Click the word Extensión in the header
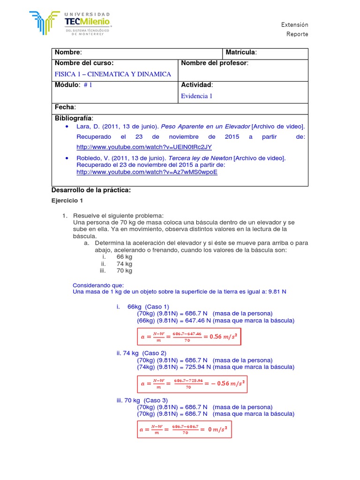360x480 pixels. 295,25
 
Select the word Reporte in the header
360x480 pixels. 297,34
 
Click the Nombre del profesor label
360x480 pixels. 214,63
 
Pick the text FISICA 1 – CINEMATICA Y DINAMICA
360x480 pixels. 113,74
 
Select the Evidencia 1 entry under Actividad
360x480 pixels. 196,96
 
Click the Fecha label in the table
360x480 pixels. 65,107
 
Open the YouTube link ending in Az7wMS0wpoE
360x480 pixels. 147,172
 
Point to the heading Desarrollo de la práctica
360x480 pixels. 90,190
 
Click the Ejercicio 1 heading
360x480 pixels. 67,200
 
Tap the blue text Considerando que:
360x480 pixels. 98,285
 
